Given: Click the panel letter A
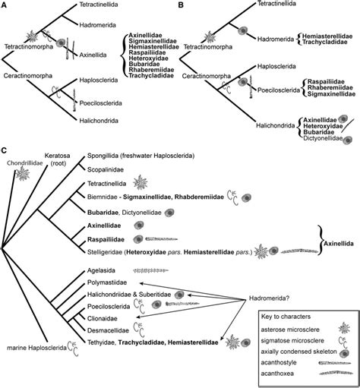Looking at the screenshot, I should coord(5,5).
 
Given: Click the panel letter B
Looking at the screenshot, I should coord(184,5).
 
